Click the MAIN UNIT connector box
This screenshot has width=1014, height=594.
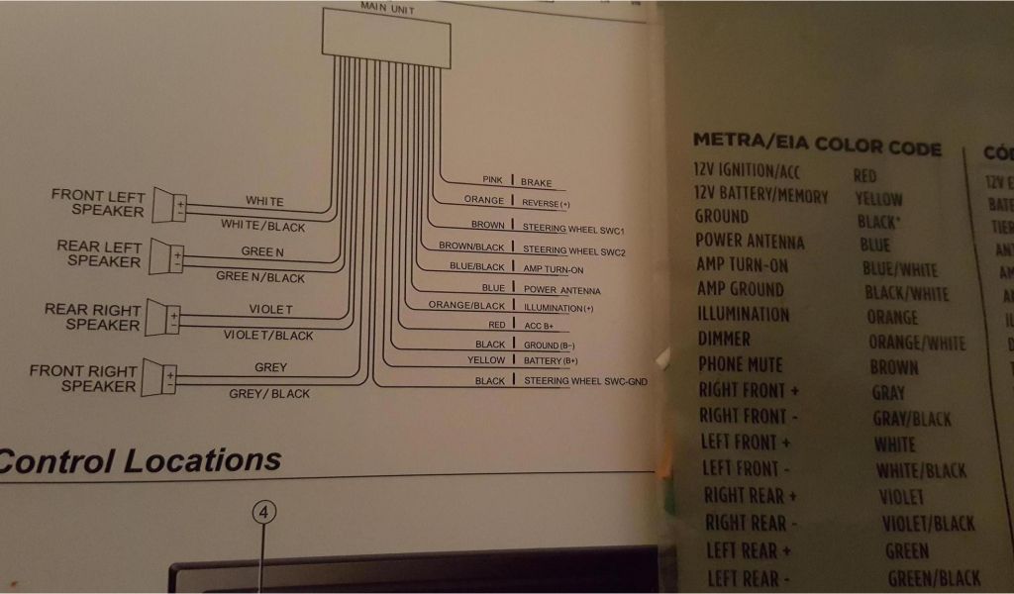pos(385,38)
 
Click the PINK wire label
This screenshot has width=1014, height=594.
pos(492,180)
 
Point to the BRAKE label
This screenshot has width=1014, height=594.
pos(537,182)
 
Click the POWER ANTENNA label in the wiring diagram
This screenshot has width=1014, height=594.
pos(561,290)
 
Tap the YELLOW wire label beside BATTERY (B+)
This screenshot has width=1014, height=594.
pos(486,360)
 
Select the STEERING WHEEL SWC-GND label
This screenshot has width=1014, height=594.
pos(585,381)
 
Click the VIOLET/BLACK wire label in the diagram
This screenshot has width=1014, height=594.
pos(268,336)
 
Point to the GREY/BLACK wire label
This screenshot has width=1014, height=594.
pos(269,393)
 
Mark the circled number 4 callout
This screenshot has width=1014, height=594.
pos(262,512)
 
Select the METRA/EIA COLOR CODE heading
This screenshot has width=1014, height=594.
pos(817,145)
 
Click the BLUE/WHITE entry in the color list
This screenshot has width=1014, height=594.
pos(899,269)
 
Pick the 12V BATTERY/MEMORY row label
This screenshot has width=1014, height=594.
pos(761,195)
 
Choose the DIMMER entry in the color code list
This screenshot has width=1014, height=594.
pos(724,339)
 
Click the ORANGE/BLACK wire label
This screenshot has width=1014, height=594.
pos(466,306)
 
